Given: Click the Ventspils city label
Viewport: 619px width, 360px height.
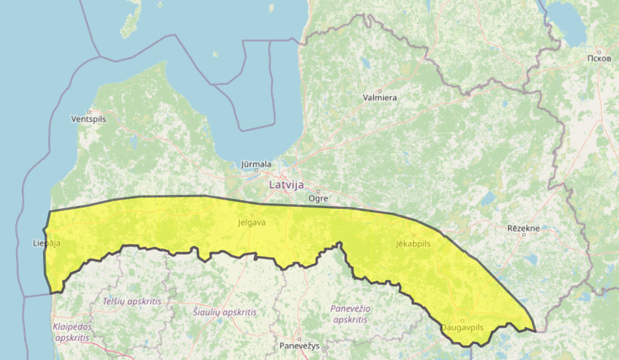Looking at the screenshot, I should (x=88, y=119).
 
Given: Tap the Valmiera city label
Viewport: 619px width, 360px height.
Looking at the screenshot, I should (x=380, y=97).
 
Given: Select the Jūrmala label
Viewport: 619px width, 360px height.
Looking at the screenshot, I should (x=256, y=164).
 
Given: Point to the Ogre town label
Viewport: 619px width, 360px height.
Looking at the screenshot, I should (x=318, y=198).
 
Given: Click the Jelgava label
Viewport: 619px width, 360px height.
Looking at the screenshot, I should (x=252, y=223).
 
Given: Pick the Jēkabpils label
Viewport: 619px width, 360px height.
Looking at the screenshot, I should (x=414, y=244).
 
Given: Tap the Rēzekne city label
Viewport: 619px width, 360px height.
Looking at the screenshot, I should (x=523, y=228).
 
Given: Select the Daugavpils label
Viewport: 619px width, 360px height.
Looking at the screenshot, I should (x=463, y=328).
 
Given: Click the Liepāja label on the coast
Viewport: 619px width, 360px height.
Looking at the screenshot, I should (x=46, y=243).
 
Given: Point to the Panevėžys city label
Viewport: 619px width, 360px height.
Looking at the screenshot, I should (x=299, y=346).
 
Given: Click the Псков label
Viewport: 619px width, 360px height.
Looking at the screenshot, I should (x=598, y=58).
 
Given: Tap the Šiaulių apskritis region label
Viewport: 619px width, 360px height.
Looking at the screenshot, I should (x=223, y=312).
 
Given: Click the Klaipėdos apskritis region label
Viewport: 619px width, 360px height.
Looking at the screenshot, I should (x=72, y=332).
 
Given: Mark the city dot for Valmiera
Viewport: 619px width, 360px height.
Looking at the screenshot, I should (x=380, y=91).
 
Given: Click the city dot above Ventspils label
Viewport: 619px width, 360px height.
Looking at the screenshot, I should (x=89, y=111).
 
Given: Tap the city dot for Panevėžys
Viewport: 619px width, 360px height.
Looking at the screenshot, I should (x=299, y=339).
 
